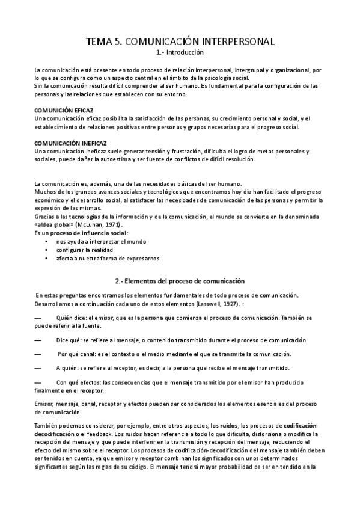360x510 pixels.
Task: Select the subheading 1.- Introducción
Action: tap(180, 53)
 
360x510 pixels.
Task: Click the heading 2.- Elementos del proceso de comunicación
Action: tap(180, 281)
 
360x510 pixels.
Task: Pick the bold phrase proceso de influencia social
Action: tap(89, 232)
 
